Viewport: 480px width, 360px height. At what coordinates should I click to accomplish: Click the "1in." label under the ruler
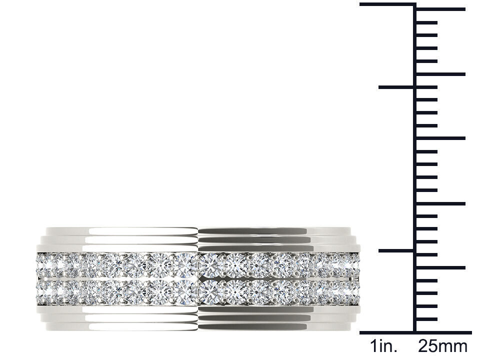coord(383,346)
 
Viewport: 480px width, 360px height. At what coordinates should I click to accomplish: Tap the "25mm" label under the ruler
coord(442,346)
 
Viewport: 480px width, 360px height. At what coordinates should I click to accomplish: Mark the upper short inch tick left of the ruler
coord(396,87)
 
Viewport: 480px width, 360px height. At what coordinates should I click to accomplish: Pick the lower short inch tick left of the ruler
coord(396,250)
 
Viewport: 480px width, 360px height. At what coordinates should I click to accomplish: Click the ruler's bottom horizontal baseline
coord(415,332)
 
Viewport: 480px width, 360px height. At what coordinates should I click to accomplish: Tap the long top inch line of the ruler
coord(387,4)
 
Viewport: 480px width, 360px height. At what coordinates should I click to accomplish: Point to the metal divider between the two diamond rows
coord(198,277)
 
